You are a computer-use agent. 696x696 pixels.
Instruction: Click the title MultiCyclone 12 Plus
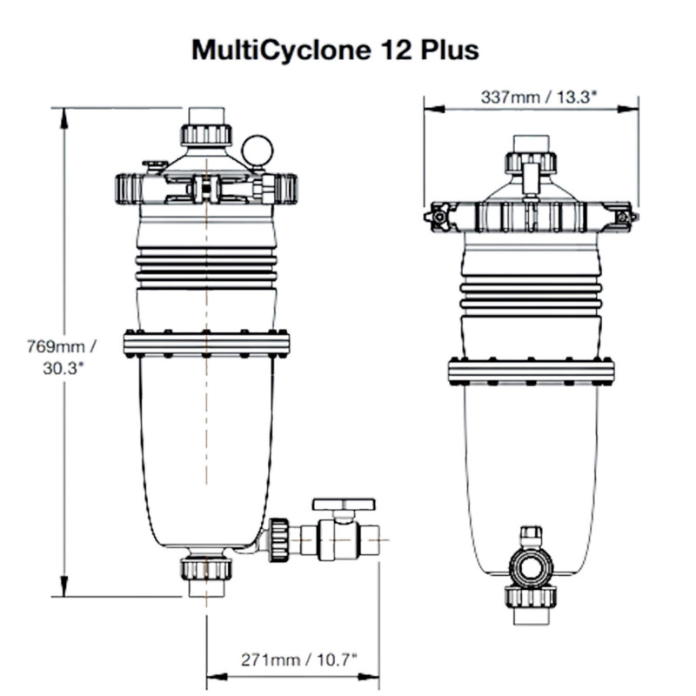point(335,50)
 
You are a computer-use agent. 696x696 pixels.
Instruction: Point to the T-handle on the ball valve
point(344,505)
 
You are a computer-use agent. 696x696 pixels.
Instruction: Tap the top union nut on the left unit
point(206,134)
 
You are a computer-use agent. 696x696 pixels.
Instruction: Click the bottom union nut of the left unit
point(206,569)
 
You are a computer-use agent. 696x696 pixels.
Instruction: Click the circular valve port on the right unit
point(531,568)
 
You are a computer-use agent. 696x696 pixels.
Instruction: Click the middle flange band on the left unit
point(206,344)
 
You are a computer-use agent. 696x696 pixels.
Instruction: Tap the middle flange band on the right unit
point(531,371)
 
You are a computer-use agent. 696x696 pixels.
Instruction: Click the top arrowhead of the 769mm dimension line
point(63,114)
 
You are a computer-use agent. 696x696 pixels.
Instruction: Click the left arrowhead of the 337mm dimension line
point(430,110)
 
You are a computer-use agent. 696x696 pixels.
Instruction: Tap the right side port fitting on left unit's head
point(284,188)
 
